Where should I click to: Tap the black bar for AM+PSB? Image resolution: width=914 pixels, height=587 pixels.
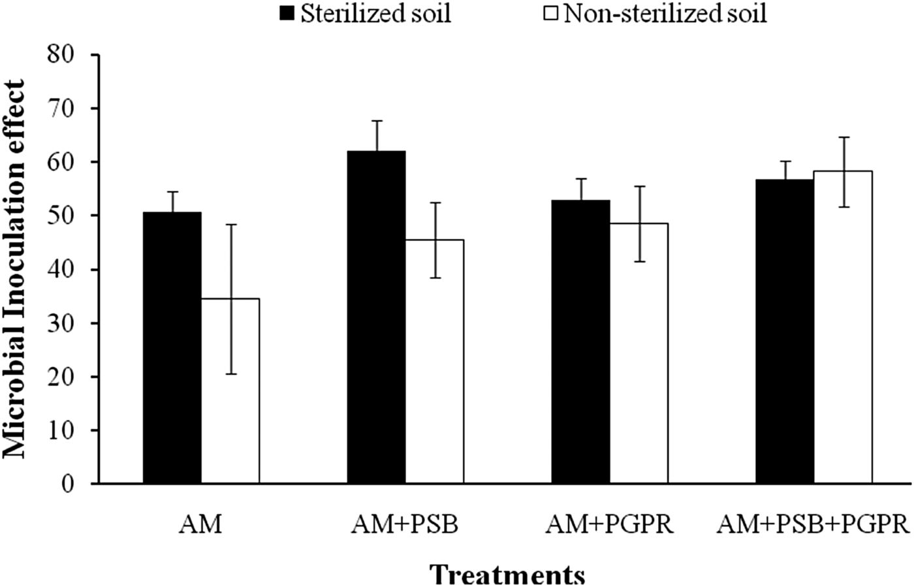(376, 317)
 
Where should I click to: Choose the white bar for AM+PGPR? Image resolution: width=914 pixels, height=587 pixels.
(638, 353)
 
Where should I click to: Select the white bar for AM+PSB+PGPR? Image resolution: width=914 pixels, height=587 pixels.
(843, 327)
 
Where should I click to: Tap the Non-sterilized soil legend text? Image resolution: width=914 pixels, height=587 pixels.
(665, 14)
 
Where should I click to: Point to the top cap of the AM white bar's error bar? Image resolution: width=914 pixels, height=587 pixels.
(230, 225)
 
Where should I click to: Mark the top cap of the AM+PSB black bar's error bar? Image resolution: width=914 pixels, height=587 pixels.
(376, 121)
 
